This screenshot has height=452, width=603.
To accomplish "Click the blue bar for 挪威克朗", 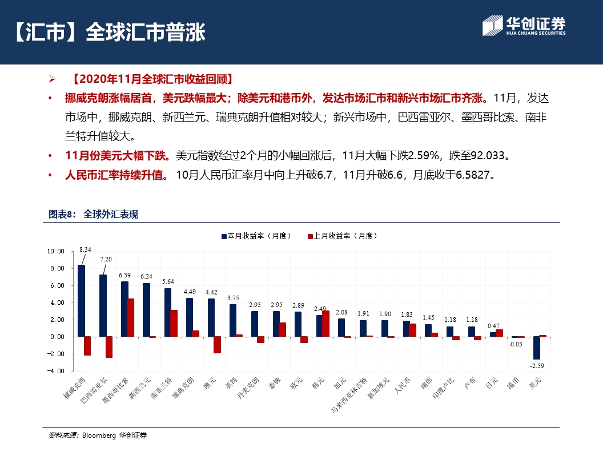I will (81, 301).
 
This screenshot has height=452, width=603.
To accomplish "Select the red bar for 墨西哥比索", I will (131, 317).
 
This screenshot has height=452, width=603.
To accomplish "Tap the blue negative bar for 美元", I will (537, 348).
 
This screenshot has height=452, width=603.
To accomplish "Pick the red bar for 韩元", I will (326, 324).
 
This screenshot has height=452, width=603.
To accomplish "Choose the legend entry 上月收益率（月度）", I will (342, 236).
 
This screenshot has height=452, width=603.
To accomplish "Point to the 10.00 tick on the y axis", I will (55, 251).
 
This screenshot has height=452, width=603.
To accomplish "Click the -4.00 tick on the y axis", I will (55, 371).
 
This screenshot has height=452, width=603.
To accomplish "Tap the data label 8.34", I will (85, 249).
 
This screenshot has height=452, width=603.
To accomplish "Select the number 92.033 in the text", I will (489, 155).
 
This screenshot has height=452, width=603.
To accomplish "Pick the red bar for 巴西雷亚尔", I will (109, 347).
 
